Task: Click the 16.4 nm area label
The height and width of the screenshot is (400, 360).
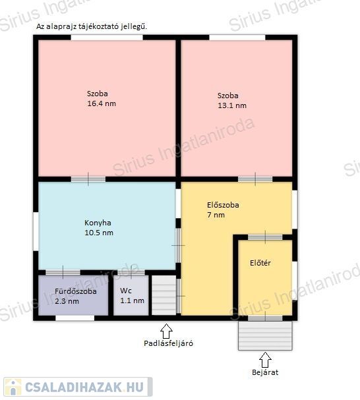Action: coord(102,103)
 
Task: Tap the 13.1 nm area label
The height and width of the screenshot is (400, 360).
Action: coord(232,105)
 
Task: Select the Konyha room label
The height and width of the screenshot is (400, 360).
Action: coord(98,223)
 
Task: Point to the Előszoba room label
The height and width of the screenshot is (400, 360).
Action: coord(223,205)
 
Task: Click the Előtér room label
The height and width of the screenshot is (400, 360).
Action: coord(260,263)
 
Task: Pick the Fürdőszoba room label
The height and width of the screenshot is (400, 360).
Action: coord(76,291)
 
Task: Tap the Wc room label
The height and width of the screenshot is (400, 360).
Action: coord(126,291)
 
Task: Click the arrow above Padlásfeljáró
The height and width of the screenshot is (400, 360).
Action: coord(166,331)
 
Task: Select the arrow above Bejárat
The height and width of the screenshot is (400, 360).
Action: coord(265,360)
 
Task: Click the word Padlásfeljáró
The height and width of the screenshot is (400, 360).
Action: coord(168,343)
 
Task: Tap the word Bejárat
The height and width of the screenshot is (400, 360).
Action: coord(265,372)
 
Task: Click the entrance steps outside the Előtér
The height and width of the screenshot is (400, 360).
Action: coord(265,335)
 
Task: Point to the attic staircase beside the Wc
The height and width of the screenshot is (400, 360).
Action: coord(164,295)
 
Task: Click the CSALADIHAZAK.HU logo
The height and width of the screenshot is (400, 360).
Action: coord(78,387)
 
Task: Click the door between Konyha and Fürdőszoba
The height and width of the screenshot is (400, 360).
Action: coord(63,272)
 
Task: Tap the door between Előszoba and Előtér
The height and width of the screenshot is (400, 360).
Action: coord(265,237)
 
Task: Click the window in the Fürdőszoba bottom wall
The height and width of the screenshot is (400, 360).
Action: coord(75,318)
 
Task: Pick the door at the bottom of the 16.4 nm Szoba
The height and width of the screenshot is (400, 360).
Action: coord(88,179)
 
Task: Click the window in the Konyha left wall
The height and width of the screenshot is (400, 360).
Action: coord(36,231)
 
